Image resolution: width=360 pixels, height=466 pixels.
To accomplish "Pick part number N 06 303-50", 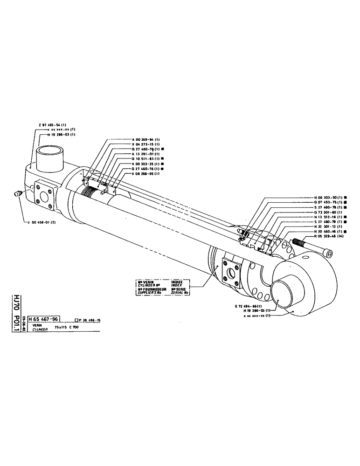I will (x=329, y=198).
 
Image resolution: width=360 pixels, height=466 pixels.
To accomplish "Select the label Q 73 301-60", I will (x=329, y=212).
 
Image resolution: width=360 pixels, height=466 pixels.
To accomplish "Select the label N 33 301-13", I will (x=329, y=226).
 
